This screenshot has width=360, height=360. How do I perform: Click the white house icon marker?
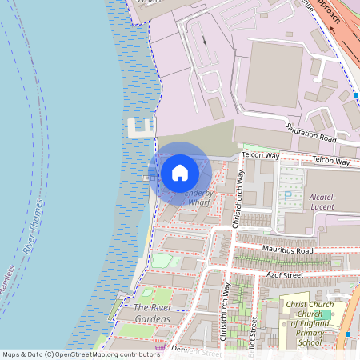pyautogui.click(x=180, y=173)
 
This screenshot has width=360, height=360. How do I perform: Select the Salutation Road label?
pyautogui.click(x=311, y=133)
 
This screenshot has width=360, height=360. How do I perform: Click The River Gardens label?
pyautogui.click(x=151, y=314)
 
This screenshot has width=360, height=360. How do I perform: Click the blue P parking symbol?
pyautogui.click(x=287, y=195)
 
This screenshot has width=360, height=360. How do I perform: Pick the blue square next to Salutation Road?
pyautogui.click(x=355, y=96)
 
